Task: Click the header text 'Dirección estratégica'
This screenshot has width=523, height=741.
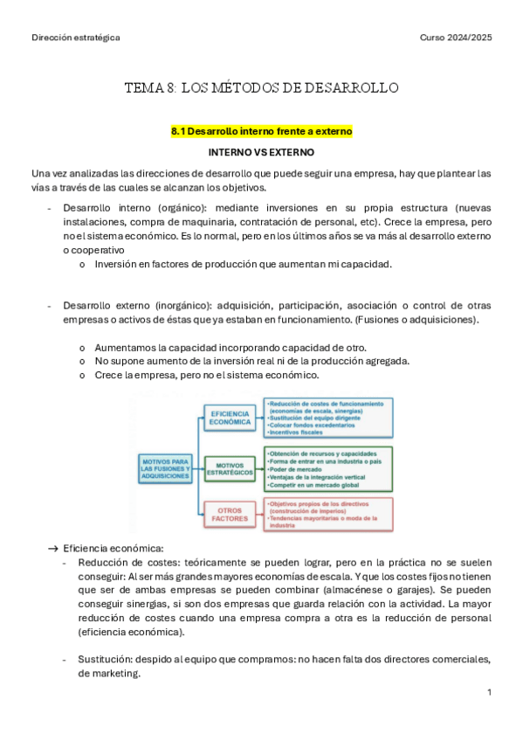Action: point(75,38)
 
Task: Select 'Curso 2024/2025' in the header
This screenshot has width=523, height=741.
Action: point(456,38)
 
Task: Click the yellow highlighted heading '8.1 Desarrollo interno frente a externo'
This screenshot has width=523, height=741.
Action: point(261,132)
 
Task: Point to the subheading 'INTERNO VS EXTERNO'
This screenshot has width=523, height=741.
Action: point(261,152)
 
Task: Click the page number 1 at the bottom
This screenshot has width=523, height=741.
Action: point(490,692)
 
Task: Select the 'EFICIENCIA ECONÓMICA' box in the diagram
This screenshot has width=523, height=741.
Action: point(230,417)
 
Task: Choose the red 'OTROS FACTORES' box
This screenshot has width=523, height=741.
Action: point(230,514)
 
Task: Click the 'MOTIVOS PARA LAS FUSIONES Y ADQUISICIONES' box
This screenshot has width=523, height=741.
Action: point(165,469)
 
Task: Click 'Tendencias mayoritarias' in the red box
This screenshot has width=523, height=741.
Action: point(305,518)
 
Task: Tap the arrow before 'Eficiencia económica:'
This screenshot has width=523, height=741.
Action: point(52,549)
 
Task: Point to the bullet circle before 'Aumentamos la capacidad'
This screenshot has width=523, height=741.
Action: point(82,347)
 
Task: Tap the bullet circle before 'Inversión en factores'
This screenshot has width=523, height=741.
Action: point(82,264)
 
